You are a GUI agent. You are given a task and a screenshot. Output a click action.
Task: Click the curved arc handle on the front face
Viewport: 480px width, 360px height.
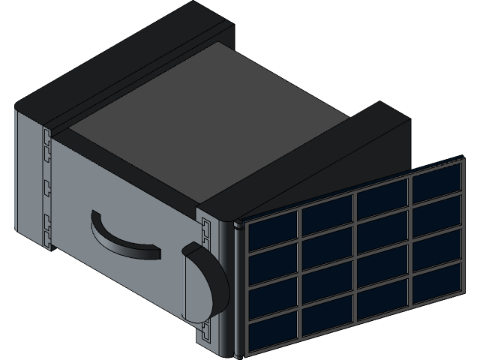click(x=120, y=238)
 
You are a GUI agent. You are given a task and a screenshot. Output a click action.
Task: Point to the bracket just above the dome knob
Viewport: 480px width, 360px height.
click(x=205, y=226)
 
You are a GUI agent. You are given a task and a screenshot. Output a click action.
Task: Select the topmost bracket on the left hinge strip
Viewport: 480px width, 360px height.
click(x=46, y=138)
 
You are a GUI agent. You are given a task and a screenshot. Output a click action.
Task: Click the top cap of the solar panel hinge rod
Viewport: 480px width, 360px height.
click(x=237, y=223)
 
